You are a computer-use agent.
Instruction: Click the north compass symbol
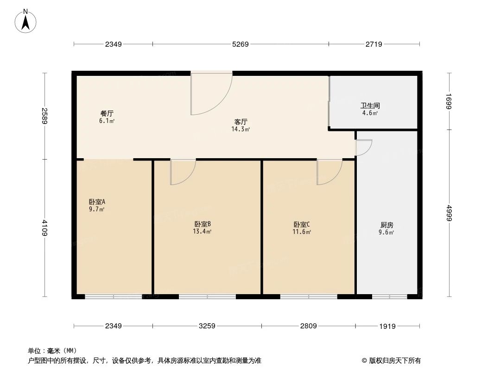(26, 21)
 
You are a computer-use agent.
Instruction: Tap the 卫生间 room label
(370, 105)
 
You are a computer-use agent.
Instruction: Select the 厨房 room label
(386, 225)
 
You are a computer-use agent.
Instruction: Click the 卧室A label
(97, 202)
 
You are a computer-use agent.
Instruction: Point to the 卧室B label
(203, 224)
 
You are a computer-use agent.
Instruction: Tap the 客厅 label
(241, 122)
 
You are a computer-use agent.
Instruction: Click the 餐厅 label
(107, 113)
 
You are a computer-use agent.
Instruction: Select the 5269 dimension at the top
(241, 44)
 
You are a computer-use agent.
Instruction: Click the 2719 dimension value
(374, 44)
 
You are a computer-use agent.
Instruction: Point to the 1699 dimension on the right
(449, 101)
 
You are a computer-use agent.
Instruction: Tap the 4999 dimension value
(449, 213)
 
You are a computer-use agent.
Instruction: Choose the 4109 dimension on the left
(44, 228)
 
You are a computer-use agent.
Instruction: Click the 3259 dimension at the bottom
(207, 326)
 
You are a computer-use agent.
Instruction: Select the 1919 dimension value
(387, 326)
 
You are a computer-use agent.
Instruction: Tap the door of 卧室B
(182, 172)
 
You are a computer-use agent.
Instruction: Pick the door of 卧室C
(329, 172)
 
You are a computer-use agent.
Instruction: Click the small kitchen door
(363, 148)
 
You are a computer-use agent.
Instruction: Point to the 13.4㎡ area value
(203, 232)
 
